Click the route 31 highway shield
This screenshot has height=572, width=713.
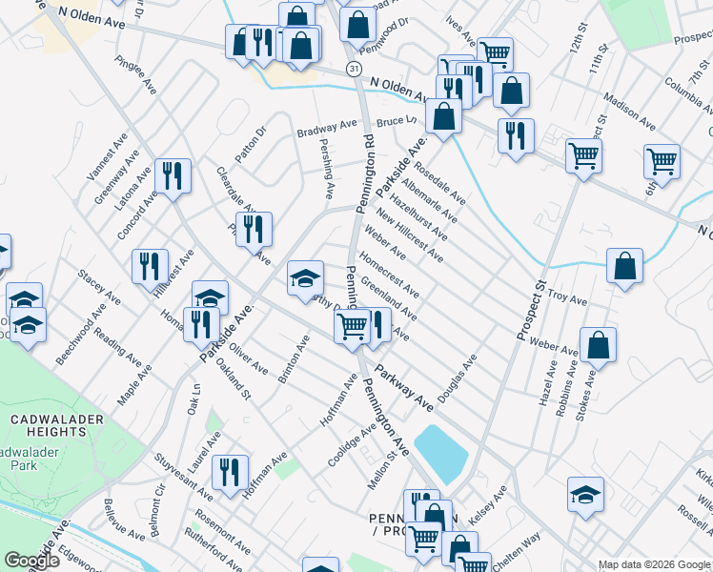[x=354, y=70]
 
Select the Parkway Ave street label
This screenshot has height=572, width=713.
[x=404, y=389]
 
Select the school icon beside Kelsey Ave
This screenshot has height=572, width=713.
[x=585, y=494]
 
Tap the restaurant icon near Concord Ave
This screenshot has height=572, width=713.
[x=173, y=175]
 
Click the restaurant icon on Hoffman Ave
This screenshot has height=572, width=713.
[x=230, y=473]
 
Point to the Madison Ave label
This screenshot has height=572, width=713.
[x=629, y=112]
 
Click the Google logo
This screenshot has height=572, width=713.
[x=31, y=561]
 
